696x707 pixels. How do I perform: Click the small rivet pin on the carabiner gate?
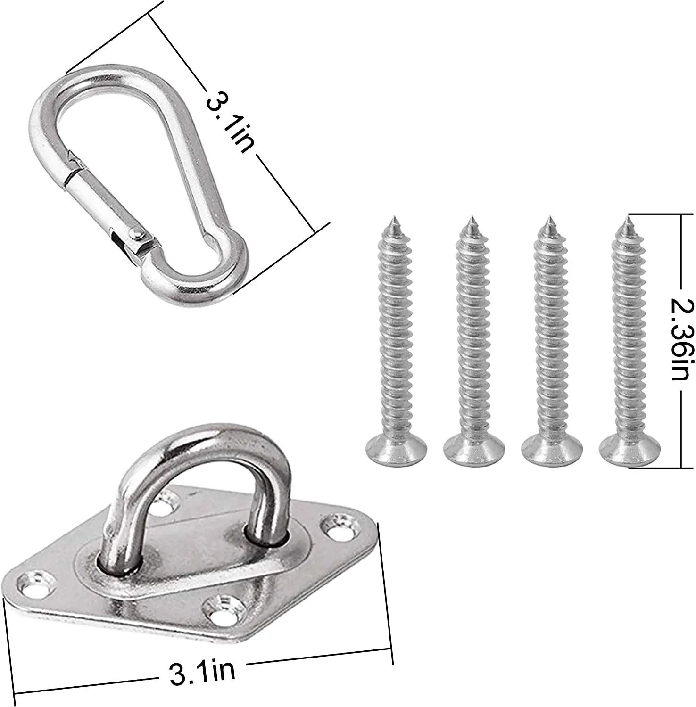click(137, 232)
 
